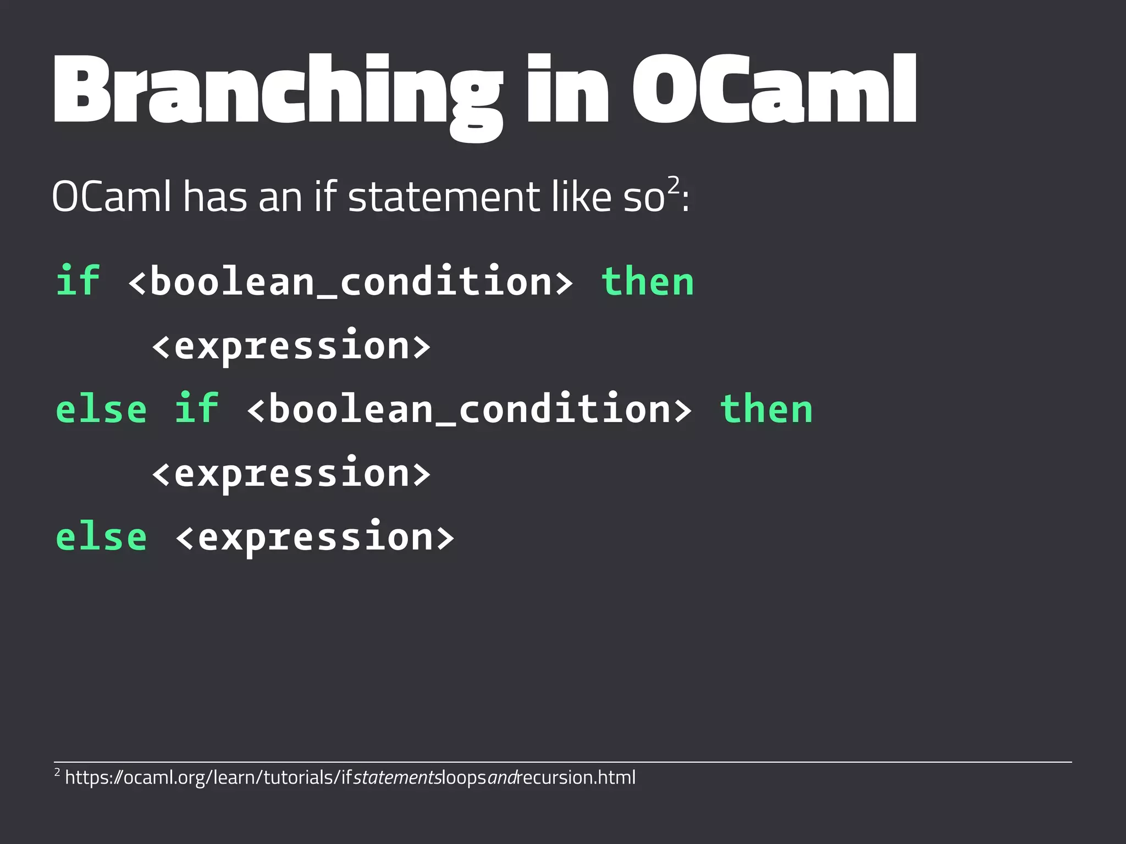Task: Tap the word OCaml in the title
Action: [774, 89]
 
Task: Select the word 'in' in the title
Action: [566, 89]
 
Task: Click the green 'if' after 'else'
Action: [196, 409]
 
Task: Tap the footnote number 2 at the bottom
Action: [57, 773]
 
